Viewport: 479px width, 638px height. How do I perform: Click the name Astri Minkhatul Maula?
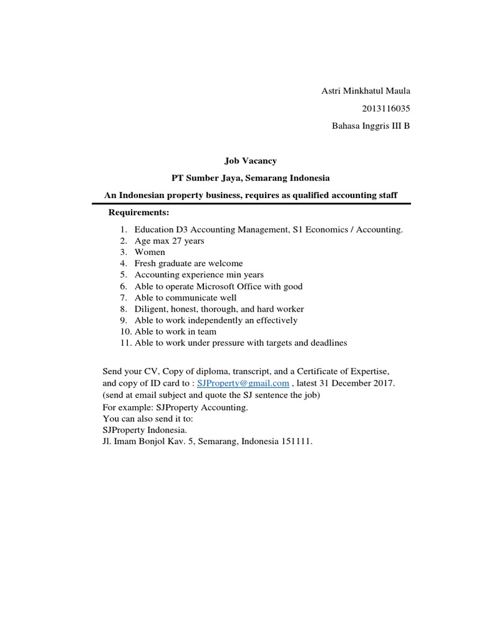365,92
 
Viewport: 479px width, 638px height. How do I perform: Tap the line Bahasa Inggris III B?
370,126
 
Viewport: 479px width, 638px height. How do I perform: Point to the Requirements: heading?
138,212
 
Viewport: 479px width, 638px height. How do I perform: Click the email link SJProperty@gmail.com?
243,383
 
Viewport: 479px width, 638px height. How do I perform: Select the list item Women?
150,252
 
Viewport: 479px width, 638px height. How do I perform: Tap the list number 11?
123,343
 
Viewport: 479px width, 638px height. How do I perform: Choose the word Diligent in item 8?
150,309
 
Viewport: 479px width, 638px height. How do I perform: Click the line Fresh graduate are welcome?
188,264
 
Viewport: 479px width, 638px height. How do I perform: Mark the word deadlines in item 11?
327,343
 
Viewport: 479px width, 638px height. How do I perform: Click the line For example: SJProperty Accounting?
175,407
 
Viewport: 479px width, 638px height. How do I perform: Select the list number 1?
124,230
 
